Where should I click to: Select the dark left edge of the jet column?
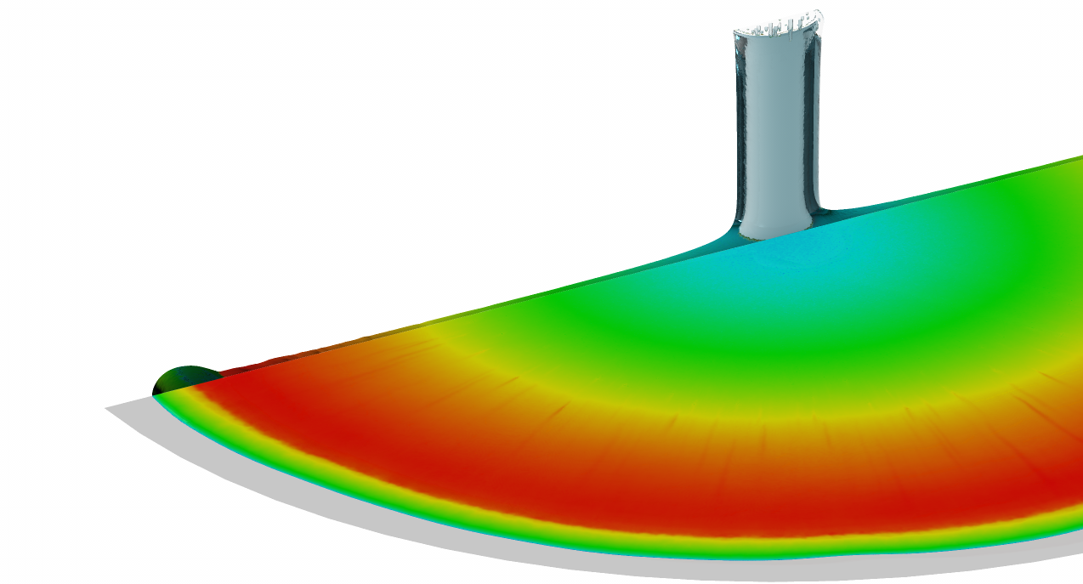coord(738,128)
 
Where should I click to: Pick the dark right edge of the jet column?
coord(817,128)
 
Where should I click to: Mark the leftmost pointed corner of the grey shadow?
coord(107,409)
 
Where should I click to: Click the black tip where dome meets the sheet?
coord(156,393)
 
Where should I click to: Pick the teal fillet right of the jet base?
coord(837,213)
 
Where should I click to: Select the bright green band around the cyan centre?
coord(680,340)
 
